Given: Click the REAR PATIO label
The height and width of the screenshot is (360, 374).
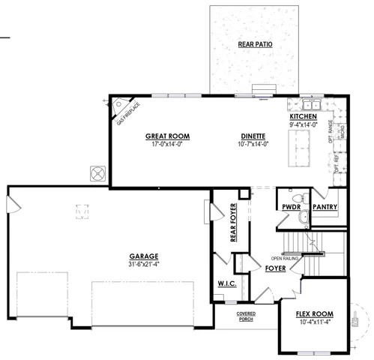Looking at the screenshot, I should click(255, 45).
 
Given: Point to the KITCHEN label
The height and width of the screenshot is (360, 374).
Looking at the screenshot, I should click(303, 118).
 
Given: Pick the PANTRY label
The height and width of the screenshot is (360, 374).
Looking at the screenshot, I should click(324, 207).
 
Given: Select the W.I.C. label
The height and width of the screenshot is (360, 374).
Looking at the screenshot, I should click(227, 284).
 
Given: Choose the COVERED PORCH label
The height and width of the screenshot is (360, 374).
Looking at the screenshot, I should click(246, 316).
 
